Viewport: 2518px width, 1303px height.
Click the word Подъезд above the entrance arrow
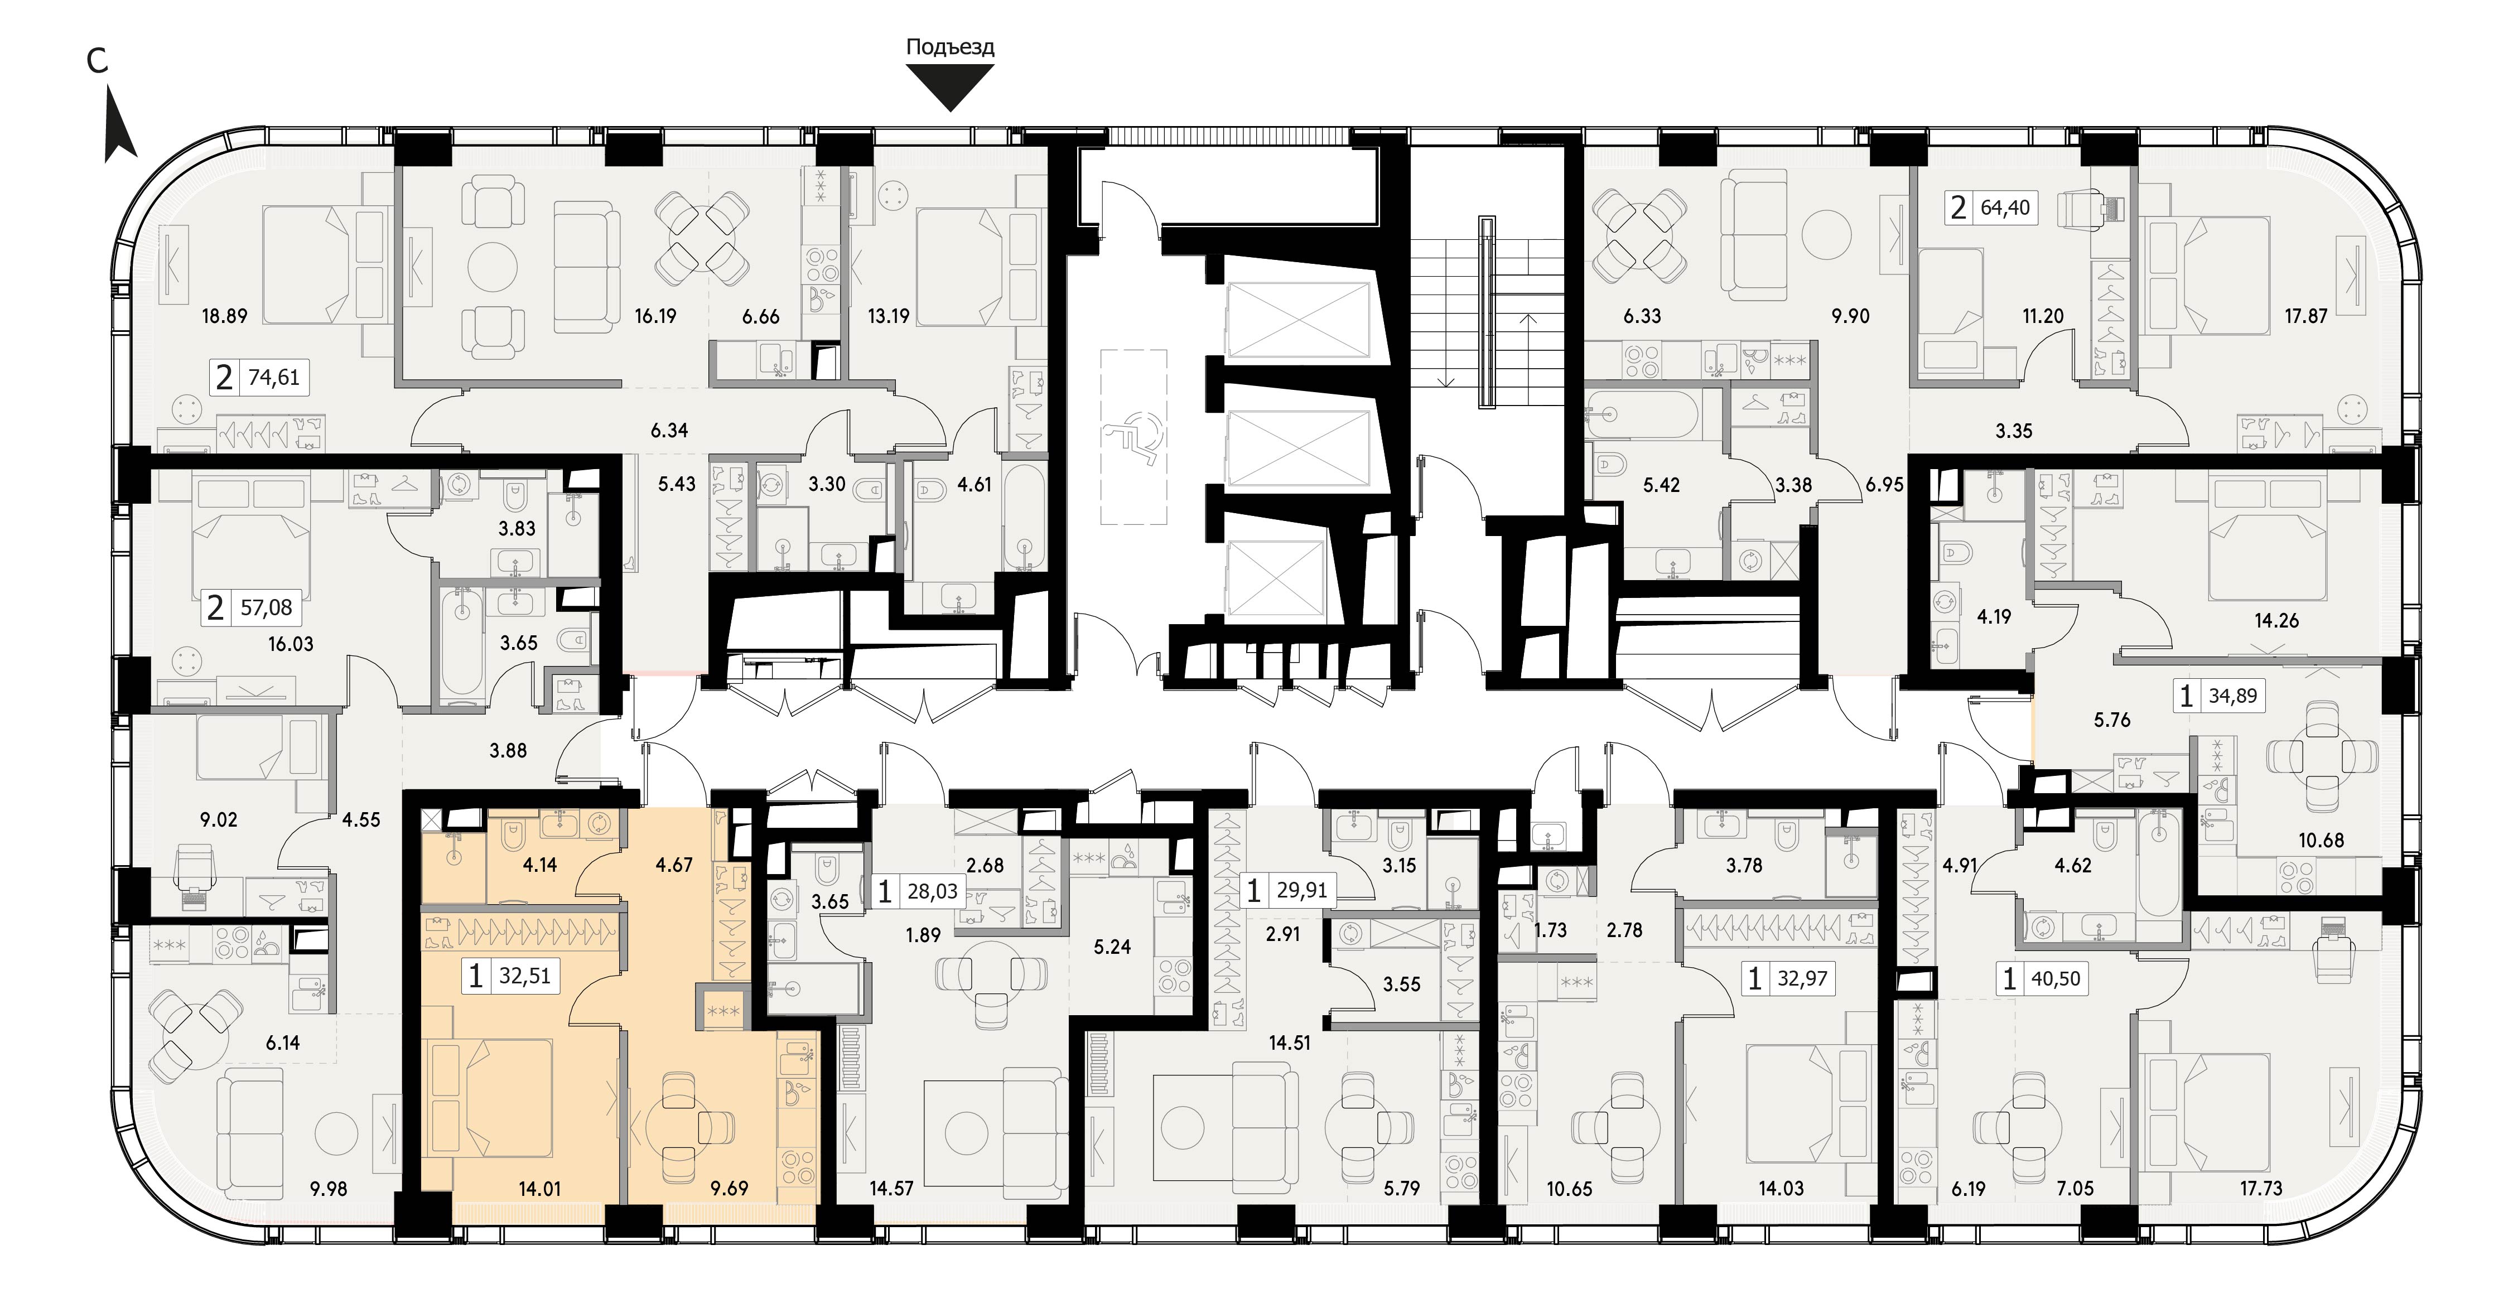pyautogui.click(x=950, y=47)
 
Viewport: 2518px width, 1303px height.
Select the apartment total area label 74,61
pyautogui.click(x=274, y=377)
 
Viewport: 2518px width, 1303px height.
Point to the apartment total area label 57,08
pyautogui.click(x=266, y=608)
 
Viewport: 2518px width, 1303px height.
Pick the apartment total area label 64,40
pyautogui.click(x=2005, y=207)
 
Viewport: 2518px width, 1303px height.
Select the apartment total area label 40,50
pyautogui.click(x=2056, y=978)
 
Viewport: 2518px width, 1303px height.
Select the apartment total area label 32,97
pyautogui.click(x=1802, y=978)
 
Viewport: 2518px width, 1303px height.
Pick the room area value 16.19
pyautogui.click(x=655, y=316)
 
